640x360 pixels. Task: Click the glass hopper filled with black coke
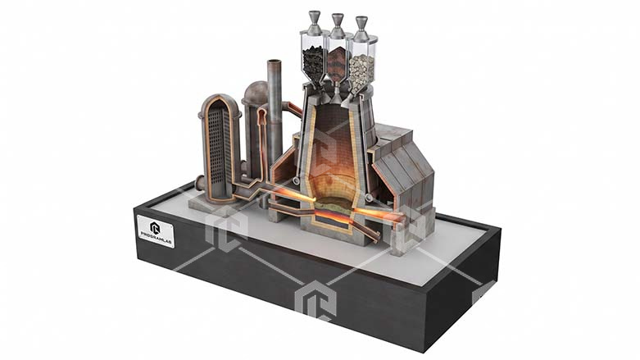point(314,58)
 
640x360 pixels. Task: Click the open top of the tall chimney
point(275,62)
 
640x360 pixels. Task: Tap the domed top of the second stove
point(256,90)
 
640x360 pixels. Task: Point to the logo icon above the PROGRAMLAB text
point(156,227)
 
